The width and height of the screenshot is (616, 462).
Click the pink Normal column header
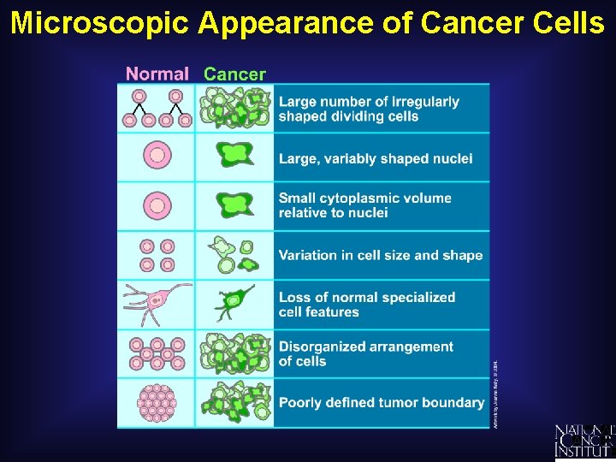[157, 74]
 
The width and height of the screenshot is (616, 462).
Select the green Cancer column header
[234, 74]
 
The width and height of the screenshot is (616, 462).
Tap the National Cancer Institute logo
[584, 441]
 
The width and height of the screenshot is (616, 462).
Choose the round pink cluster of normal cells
[157, 402]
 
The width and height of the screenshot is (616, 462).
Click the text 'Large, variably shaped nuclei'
[376, 158]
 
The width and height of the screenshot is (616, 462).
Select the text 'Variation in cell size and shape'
[381, 255]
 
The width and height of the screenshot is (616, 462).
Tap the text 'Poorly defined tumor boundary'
[382, 402]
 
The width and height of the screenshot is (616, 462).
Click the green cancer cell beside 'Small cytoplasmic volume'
[233, 206]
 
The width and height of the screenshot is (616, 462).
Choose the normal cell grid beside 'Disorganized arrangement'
[157, 353]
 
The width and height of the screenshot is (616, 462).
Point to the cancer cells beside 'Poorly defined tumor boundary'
[234, 402]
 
